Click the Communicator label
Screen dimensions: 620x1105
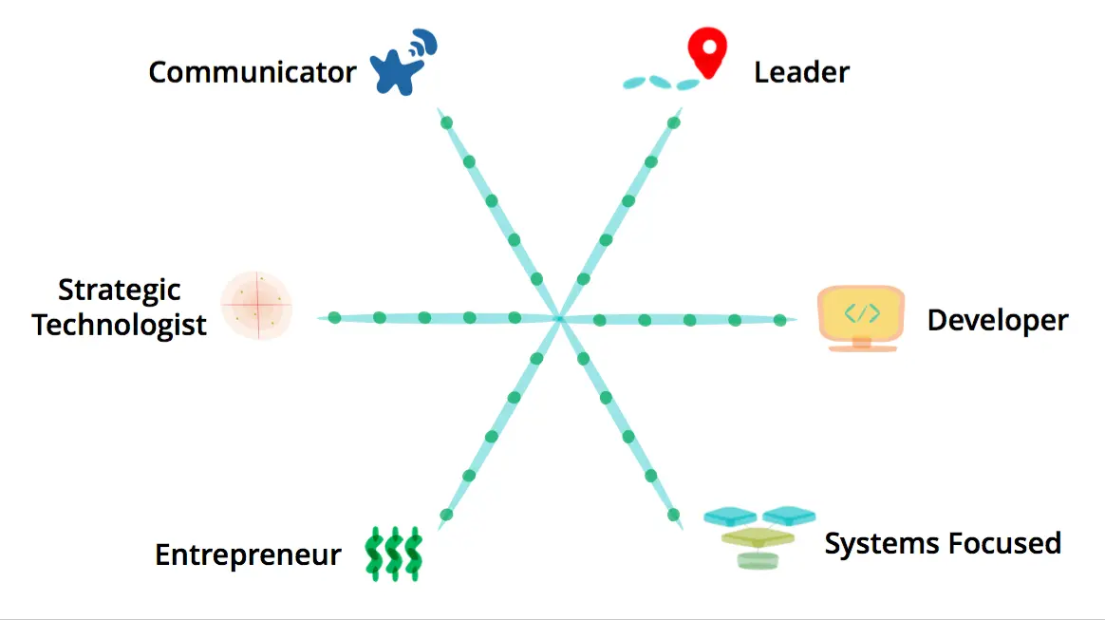point(253,72)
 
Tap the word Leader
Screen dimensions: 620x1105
point(801,72)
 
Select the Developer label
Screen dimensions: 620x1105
point(997,320)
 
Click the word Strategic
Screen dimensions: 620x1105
point(119,290)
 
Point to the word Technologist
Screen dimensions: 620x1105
point(119,325)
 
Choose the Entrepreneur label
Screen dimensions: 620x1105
point(248,554)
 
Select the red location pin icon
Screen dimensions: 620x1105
point(707,52)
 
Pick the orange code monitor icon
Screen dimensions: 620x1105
point(861,318)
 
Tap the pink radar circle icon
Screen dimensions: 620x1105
point(256,306)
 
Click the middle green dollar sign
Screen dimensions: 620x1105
point(394,554)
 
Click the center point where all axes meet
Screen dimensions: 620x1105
point(559,318)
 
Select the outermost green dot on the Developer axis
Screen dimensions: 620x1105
point(780,320)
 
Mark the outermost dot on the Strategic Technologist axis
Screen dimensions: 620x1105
point(334,317)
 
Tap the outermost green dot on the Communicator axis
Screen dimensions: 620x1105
point(446,122)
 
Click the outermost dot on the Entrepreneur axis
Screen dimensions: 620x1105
point(446,515)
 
